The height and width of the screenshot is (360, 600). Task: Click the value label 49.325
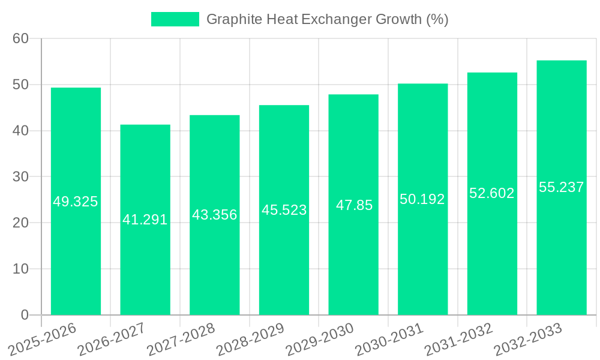76,202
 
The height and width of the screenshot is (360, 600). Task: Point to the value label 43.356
215,215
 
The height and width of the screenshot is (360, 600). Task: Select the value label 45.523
284,210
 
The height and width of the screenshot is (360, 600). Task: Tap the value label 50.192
422,199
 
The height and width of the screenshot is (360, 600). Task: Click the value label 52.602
492,193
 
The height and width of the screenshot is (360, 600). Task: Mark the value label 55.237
562,187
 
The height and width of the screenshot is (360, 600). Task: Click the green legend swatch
175,19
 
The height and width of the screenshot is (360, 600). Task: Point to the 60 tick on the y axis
21,39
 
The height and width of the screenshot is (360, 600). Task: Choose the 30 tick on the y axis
21,177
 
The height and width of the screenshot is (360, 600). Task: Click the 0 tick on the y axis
25,315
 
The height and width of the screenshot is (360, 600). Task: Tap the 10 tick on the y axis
21,269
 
